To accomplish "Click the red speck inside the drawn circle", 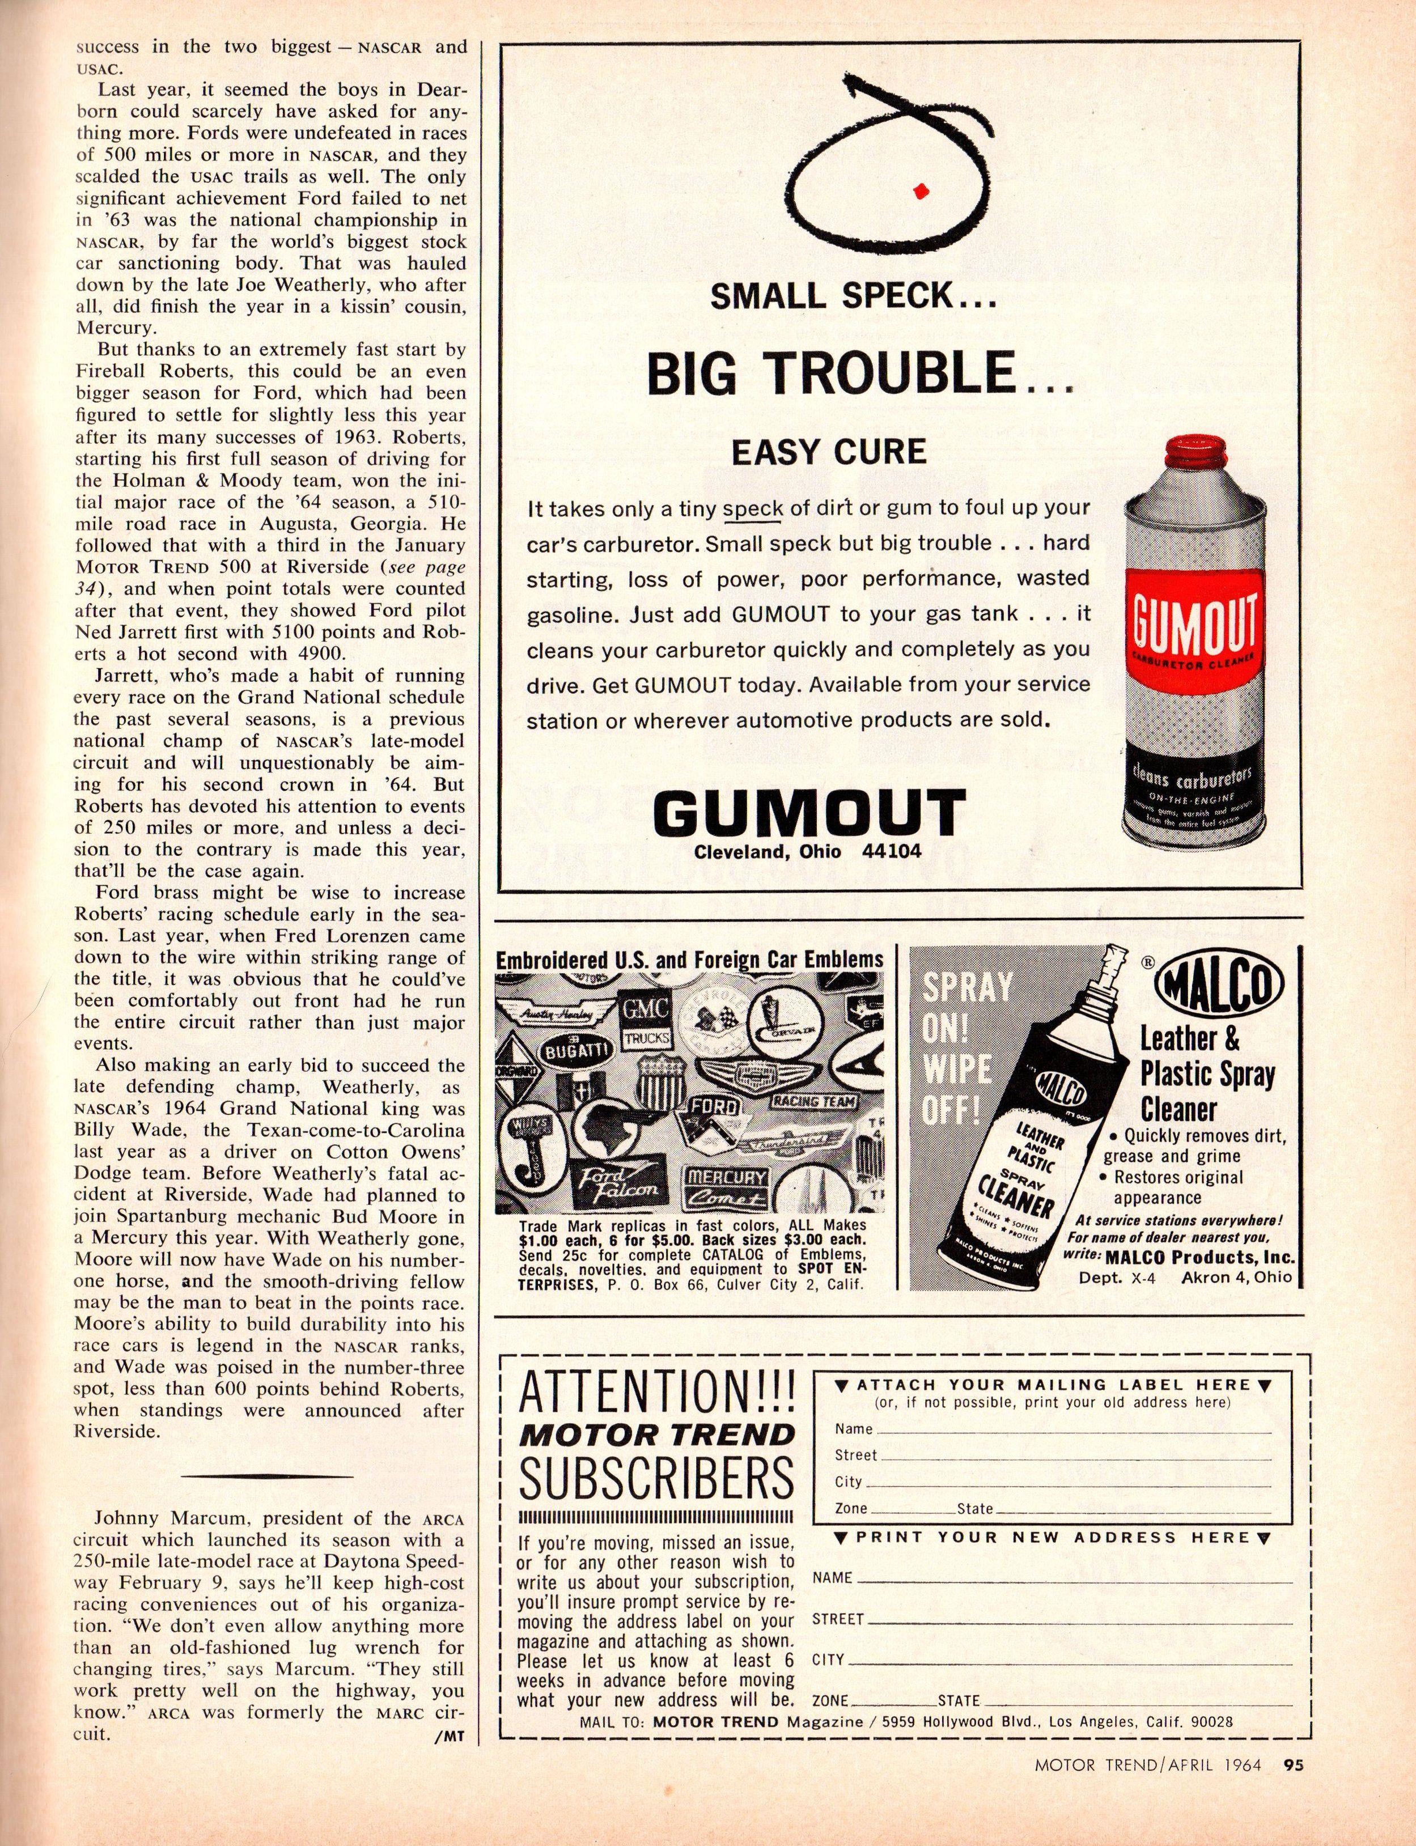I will coord(921,190).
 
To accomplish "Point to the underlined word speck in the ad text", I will coord(753,509).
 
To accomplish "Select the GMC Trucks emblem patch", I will coord(646,1021).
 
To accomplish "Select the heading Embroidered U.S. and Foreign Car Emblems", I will coord(689,959).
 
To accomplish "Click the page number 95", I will coord(1293,1807).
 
